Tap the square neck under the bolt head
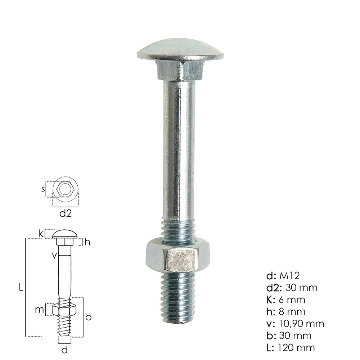click(x=179, y=70)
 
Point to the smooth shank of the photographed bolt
click(x=179, y=151)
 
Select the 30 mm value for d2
click(x=301, y=288)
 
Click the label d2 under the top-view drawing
click(x=65, y=213)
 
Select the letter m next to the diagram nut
click(x=41, y=309)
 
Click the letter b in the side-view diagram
click(x=88, y=317)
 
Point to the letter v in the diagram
click(x=54, y=255)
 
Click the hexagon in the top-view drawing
click(x=65, y=189)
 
